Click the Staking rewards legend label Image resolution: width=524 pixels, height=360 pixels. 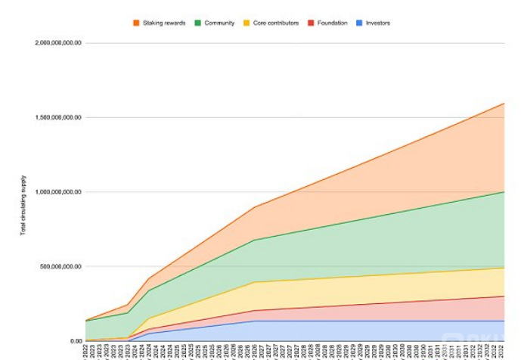[x=164, y=23]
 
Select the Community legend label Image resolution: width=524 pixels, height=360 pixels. [x=219, y=23]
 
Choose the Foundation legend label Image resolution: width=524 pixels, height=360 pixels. [x=332, y=23]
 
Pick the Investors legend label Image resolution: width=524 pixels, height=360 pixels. [x=377, y=23]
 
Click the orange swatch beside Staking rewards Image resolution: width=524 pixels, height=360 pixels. [x=136, y=23]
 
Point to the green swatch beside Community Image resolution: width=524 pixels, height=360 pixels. [x=197, y=23]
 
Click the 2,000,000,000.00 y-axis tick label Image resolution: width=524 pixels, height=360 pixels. [x=58, y=43]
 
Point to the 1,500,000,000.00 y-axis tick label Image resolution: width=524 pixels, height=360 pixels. [x=58, y=118]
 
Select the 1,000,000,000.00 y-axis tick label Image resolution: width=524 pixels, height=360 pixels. [x=58, y=192]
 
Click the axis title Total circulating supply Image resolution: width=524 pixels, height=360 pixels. [x=23, y=204]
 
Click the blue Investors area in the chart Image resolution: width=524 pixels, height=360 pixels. [x=340, y=331]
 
